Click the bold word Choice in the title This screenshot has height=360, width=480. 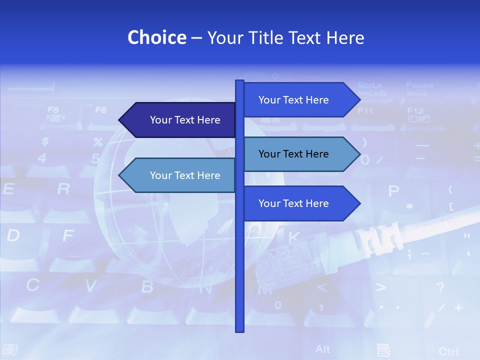point(156,37)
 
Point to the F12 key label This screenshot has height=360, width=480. point(415,110)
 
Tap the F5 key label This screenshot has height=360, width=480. point(53,109)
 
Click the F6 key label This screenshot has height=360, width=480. point(101,109)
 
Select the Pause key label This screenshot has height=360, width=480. point(419,85)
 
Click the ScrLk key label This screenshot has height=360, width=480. point(370,85)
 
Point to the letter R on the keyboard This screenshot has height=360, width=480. point(63,189)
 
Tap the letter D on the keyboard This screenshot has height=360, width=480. point(13,235)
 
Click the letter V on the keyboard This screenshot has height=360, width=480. point(90,285)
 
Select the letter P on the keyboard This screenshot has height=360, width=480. point(394,191)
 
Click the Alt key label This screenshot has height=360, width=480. point(322,348)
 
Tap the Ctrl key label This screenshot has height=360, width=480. point(448,351)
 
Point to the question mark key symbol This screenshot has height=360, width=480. point(440,287)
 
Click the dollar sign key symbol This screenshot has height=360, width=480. point(45,141)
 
